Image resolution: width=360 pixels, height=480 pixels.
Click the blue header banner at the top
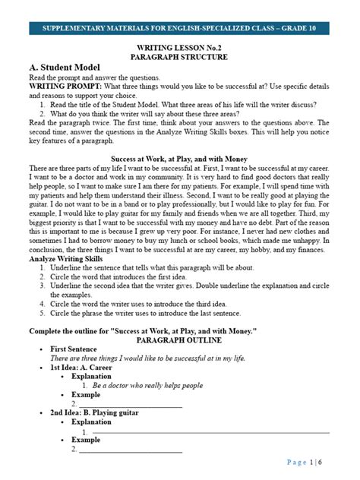point(180,29)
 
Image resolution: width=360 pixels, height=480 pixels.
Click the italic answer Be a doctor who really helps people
point(147,385)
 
